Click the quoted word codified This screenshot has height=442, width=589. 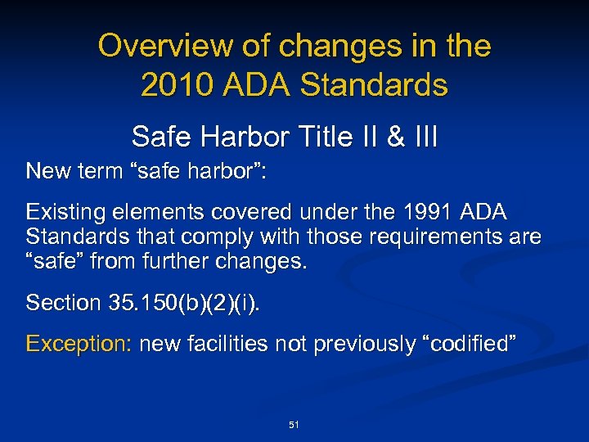coord(470,344)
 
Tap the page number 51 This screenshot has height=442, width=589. coord(294,425)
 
